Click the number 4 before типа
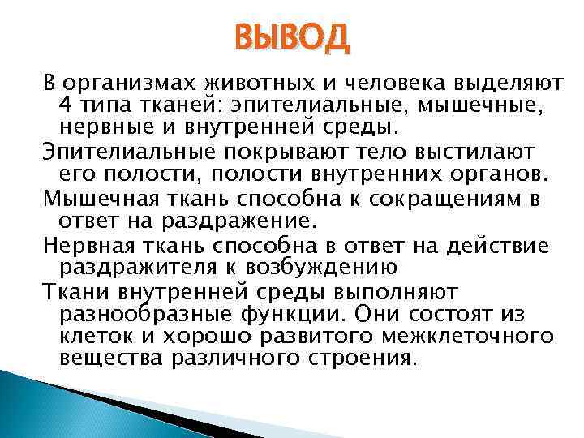click(66, 105)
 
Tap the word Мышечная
click(96, 197)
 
